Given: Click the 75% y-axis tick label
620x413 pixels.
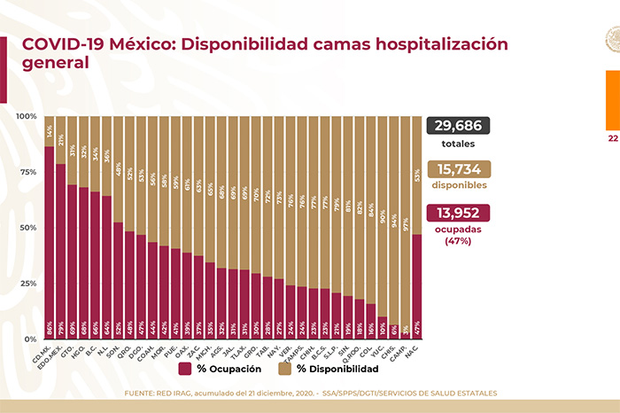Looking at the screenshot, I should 29,173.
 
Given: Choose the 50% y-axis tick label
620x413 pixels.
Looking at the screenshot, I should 29,229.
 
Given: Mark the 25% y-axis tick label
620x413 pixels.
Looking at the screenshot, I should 29,284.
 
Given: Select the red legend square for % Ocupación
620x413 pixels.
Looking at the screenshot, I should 185,369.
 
